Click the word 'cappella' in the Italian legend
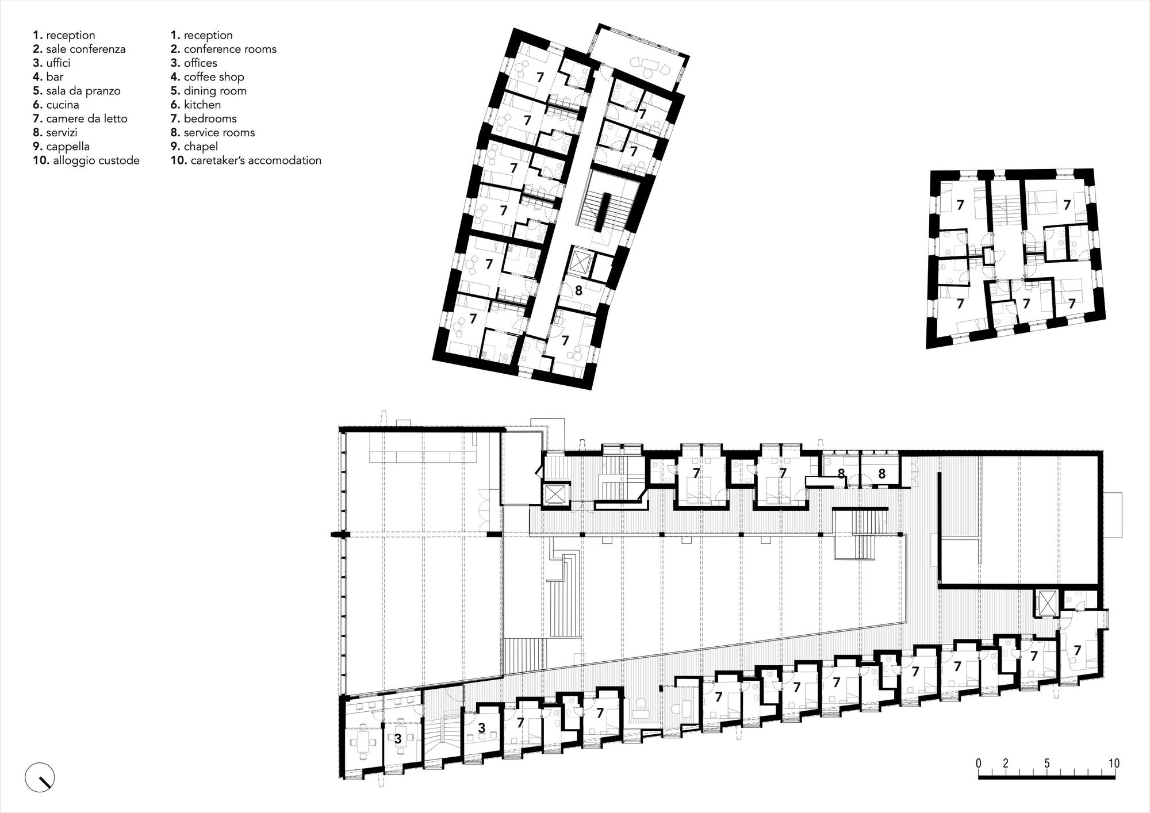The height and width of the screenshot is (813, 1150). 68,147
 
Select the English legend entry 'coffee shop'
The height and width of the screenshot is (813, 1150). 214,77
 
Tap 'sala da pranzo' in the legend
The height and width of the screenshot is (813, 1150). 83,91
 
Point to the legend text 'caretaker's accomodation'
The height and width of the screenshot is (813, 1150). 252,160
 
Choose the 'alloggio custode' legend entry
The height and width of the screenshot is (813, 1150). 96,160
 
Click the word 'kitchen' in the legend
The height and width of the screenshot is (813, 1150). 202,105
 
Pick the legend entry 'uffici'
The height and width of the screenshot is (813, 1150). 58,63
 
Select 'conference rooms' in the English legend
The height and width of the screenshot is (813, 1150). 230,49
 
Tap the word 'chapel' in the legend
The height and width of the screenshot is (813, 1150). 201,147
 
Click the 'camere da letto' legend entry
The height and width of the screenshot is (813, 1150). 87,119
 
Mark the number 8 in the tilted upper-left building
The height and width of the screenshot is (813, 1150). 578,291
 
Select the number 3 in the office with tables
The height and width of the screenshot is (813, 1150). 397,739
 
